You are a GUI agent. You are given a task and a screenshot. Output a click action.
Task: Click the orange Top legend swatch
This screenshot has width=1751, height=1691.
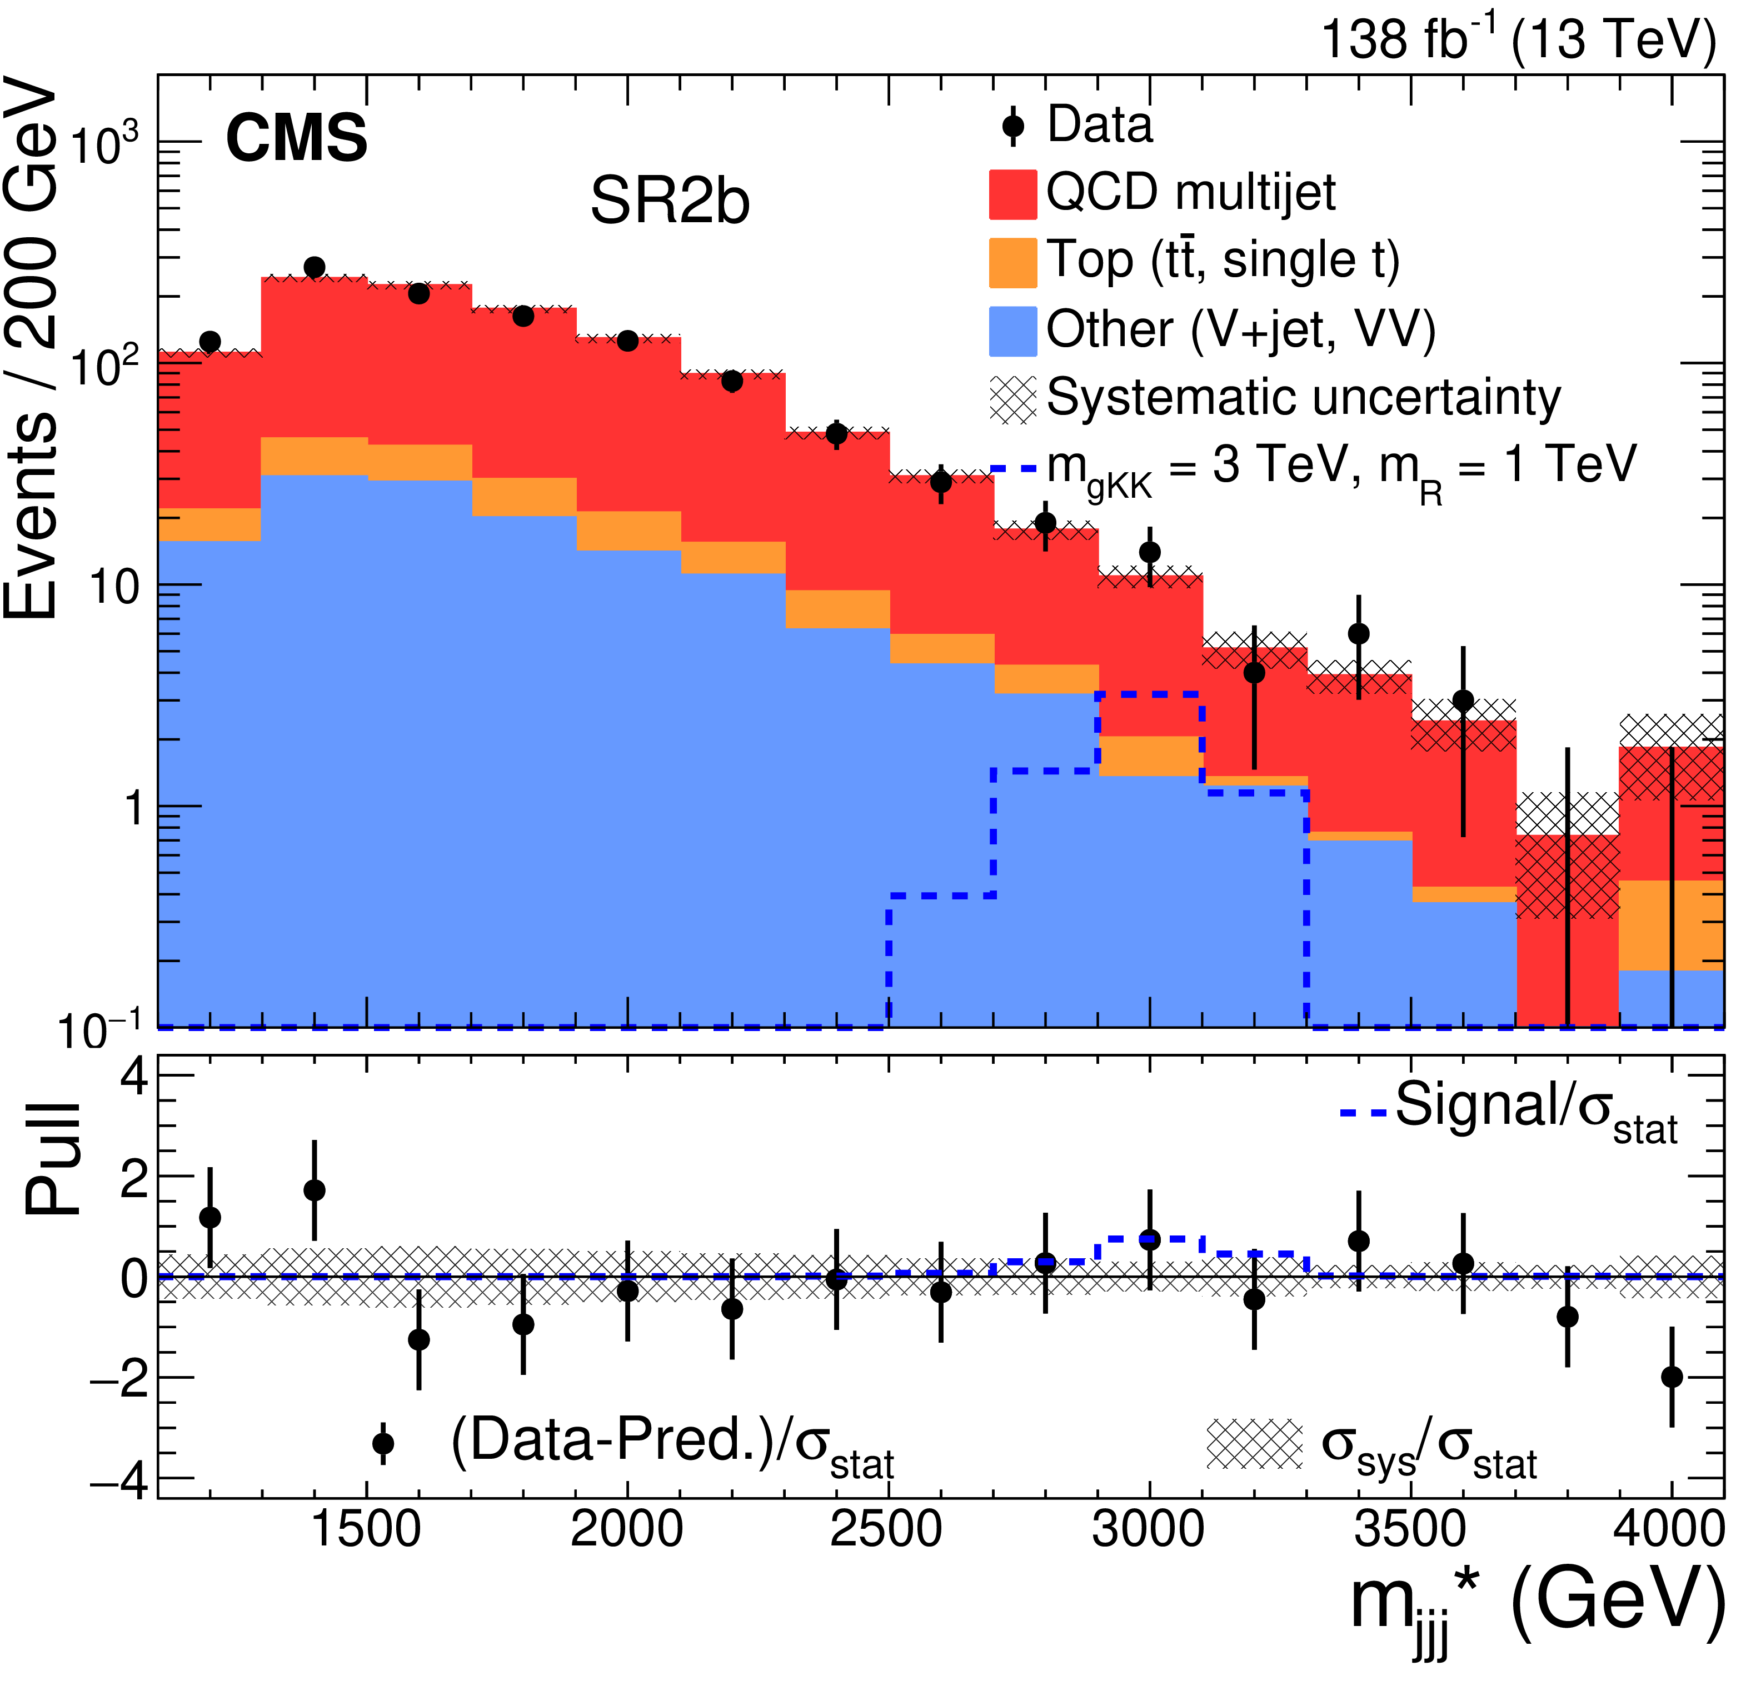click(1012, 263)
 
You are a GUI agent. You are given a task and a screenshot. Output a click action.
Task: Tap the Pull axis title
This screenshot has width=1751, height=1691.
click(53, 1159)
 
